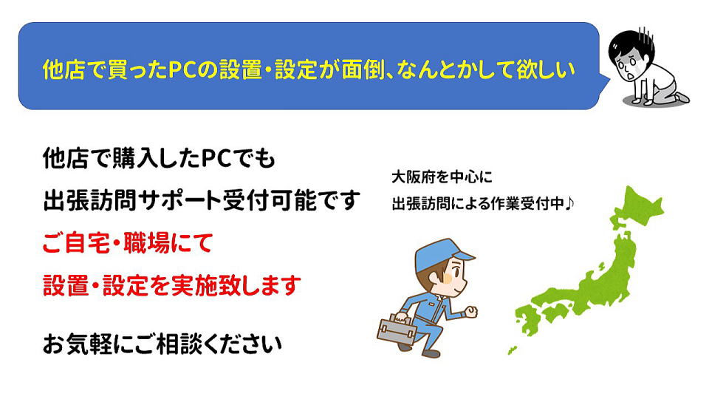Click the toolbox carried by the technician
pos(397,330)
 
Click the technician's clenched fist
pos(471,312)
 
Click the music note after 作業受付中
pos(569,204)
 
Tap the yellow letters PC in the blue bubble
pos(182,70)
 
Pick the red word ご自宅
pos(76,243)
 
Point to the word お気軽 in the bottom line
pos(77,344)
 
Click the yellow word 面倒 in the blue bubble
pos(363,70)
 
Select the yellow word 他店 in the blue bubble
pos(65,70)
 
